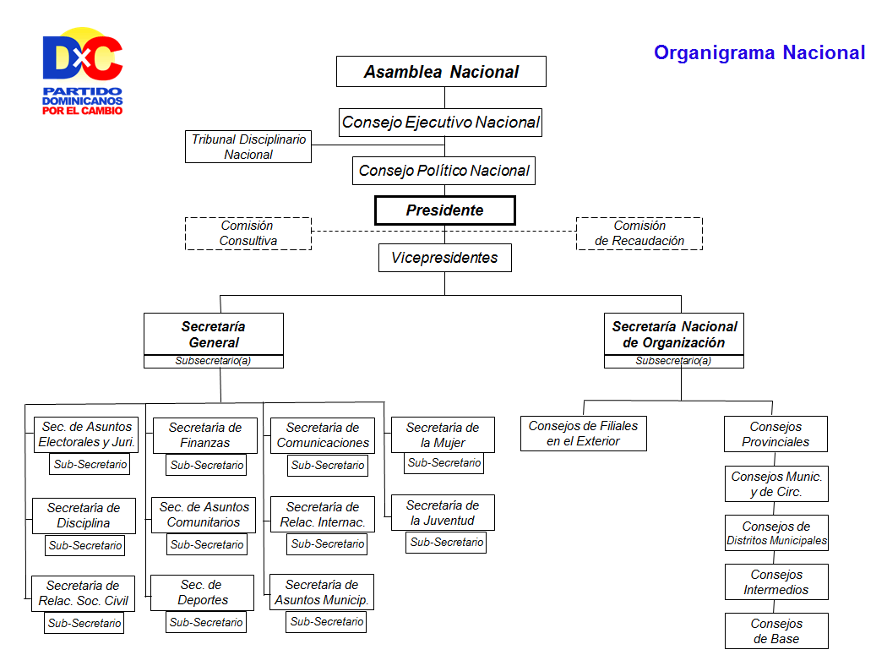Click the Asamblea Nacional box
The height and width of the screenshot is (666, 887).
point(441,71)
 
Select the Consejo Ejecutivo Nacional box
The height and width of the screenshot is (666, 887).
point(441,123)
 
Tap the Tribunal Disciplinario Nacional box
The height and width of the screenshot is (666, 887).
point(248,146)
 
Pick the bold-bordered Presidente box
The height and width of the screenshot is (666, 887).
point(445,210)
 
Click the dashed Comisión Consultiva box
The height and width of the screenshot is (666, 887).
point(248,233)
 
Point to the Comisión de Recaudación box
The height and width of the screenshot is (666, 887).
point(639,233)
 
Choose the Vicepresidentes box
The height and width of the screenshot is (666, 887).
point(445,258)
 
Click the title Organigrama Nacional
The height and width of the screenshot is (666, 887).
point(759,52)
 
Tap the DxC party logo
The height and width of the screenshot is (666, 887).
point(83,71)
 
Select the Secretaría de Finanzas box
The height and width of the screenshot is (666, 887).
point(205,435)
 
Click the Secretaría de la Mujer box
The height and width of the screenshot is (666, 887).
point(443,435)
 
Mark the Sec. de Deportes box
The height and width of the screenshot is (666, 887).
point(203,592)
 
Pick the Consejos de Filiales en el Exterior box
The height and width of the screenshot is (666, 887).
point(583,434)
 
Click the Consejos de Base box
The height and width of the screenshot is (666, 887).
point(776,631)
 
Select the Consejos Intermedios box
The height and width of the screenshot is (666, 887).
point(776,581)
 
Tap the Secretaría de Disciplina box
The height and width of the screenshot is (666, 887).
point(84,516)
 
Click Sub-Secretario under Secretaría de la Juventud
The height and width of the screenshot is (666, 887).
point(446,542)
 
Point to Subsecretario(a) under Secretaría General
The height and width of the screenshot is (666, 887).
point(214,361)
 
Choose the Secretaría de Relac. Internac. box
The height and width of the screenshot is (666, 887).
point(323,515)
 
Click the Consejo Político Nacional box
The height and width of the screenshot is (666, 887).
point(444,171)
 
